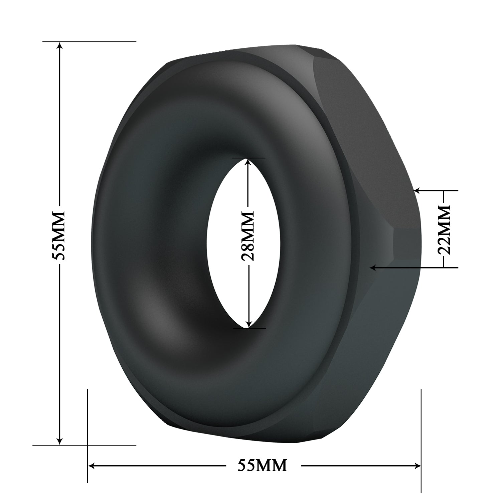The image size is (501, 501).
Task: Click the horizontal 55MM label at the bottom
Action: click(x=262, y=465)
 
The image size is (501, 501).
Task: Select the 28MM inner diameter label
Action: click(x=247, y=236)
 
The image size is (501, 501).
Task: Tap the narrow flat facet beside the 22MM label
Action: click(x=406, y=245)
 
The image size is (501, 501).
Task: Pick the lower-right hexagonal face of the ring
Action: click(x=384, y=334)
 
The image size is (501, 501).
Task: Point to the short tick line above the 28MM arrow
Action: click(x=247, y=158)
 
